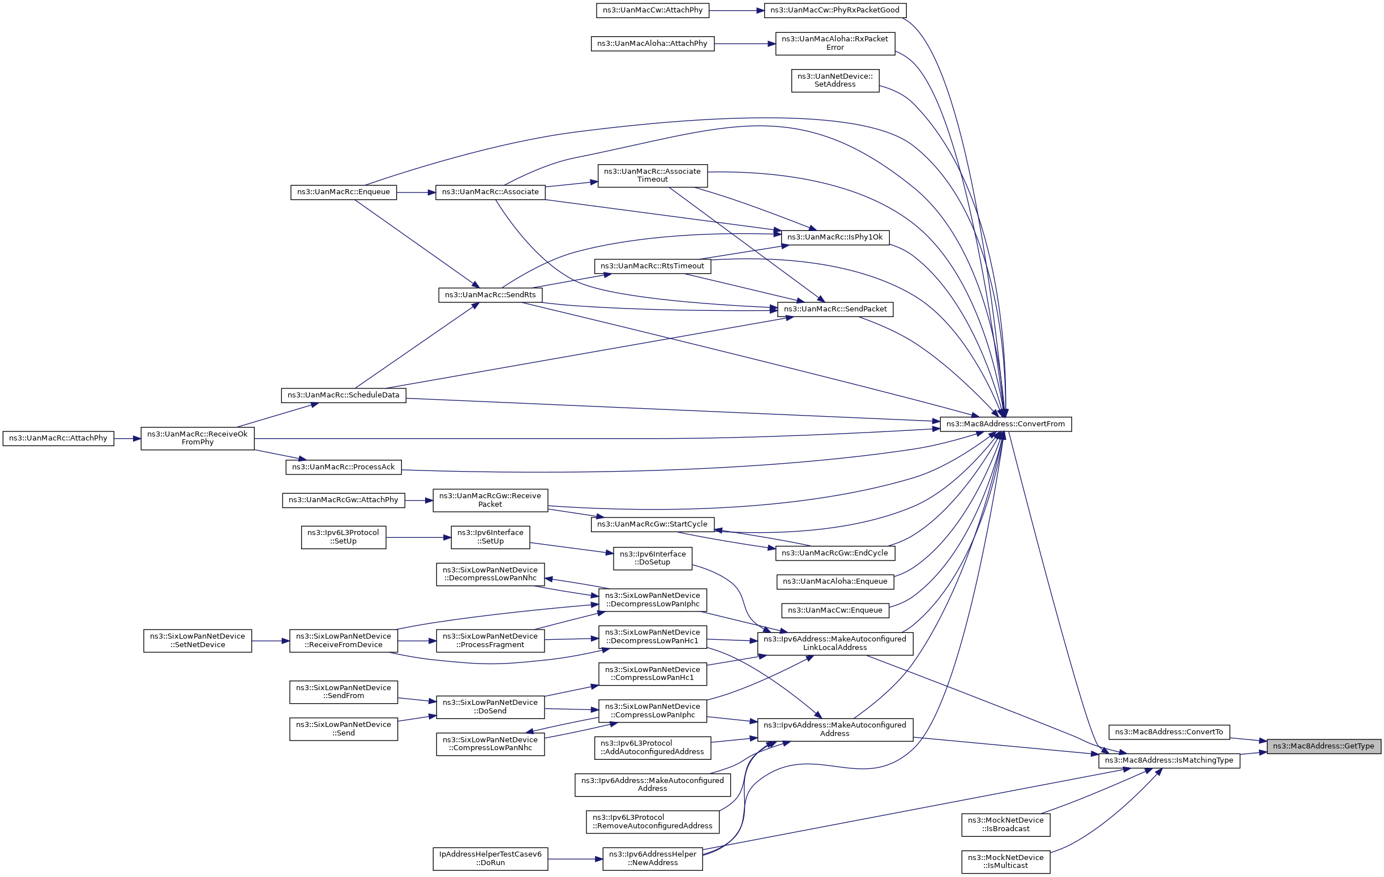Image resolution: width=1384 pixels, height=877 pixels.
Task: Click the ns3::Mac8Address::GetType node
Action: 1323,746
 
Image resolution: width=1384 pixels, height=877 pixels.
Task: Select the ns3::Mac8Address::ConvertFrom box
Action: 1005,424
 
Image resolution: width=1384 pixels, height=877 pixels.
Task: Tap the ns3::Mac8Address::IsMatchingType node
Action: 1169,760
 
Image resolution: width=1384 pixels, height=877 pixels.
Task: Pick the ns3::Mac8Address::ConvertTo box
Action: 1169,732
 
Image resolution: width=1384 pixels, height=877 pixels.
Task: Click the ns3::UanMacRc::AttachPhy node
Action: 58,438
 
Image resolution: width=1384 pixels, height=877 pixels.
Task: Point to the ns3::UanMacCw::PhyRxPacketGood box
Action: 834,10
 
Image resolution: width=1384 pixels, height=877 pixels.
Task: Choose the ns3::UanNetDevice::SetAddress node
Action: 835,80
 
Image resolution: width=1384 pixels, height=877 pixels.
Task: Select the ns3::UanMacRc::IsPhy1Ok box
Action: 834,237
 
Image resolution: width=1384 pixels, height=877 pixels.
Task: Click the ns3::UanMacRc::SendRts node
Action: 490,295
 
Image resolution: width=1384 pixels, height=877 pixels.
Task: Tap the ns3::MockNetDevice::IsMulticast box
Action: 1006,862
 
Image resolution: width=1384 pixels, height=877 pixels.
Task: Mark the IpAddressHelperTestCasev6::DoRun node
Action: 490,859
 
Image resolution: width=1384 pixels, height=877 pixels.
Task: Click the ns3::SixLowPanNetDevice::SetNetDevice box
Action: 198,641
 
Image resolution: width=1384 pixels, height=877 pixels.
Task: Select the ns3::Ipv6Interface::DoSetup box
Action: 653,559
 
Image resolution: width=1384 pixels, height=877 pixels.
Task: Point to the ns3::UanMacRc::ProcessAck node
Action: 344,467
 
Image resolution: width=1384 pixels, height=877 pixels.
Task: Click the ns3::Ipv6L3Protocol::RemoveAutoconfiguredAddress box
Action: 652,822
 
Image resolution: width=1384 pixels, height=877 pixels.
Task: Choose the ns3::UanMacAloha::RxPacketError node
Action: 835,44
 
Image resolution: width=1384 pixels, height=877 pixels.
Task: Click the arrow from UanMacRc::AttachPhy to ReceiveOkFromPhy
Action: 127,438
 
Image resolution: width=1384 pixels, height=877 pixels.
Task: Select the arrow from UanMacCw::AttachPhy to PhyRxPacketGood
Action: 737,10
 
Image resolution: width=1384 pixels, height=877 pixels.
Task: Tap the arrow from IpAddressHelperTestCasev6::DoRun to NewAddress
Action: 575,859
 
